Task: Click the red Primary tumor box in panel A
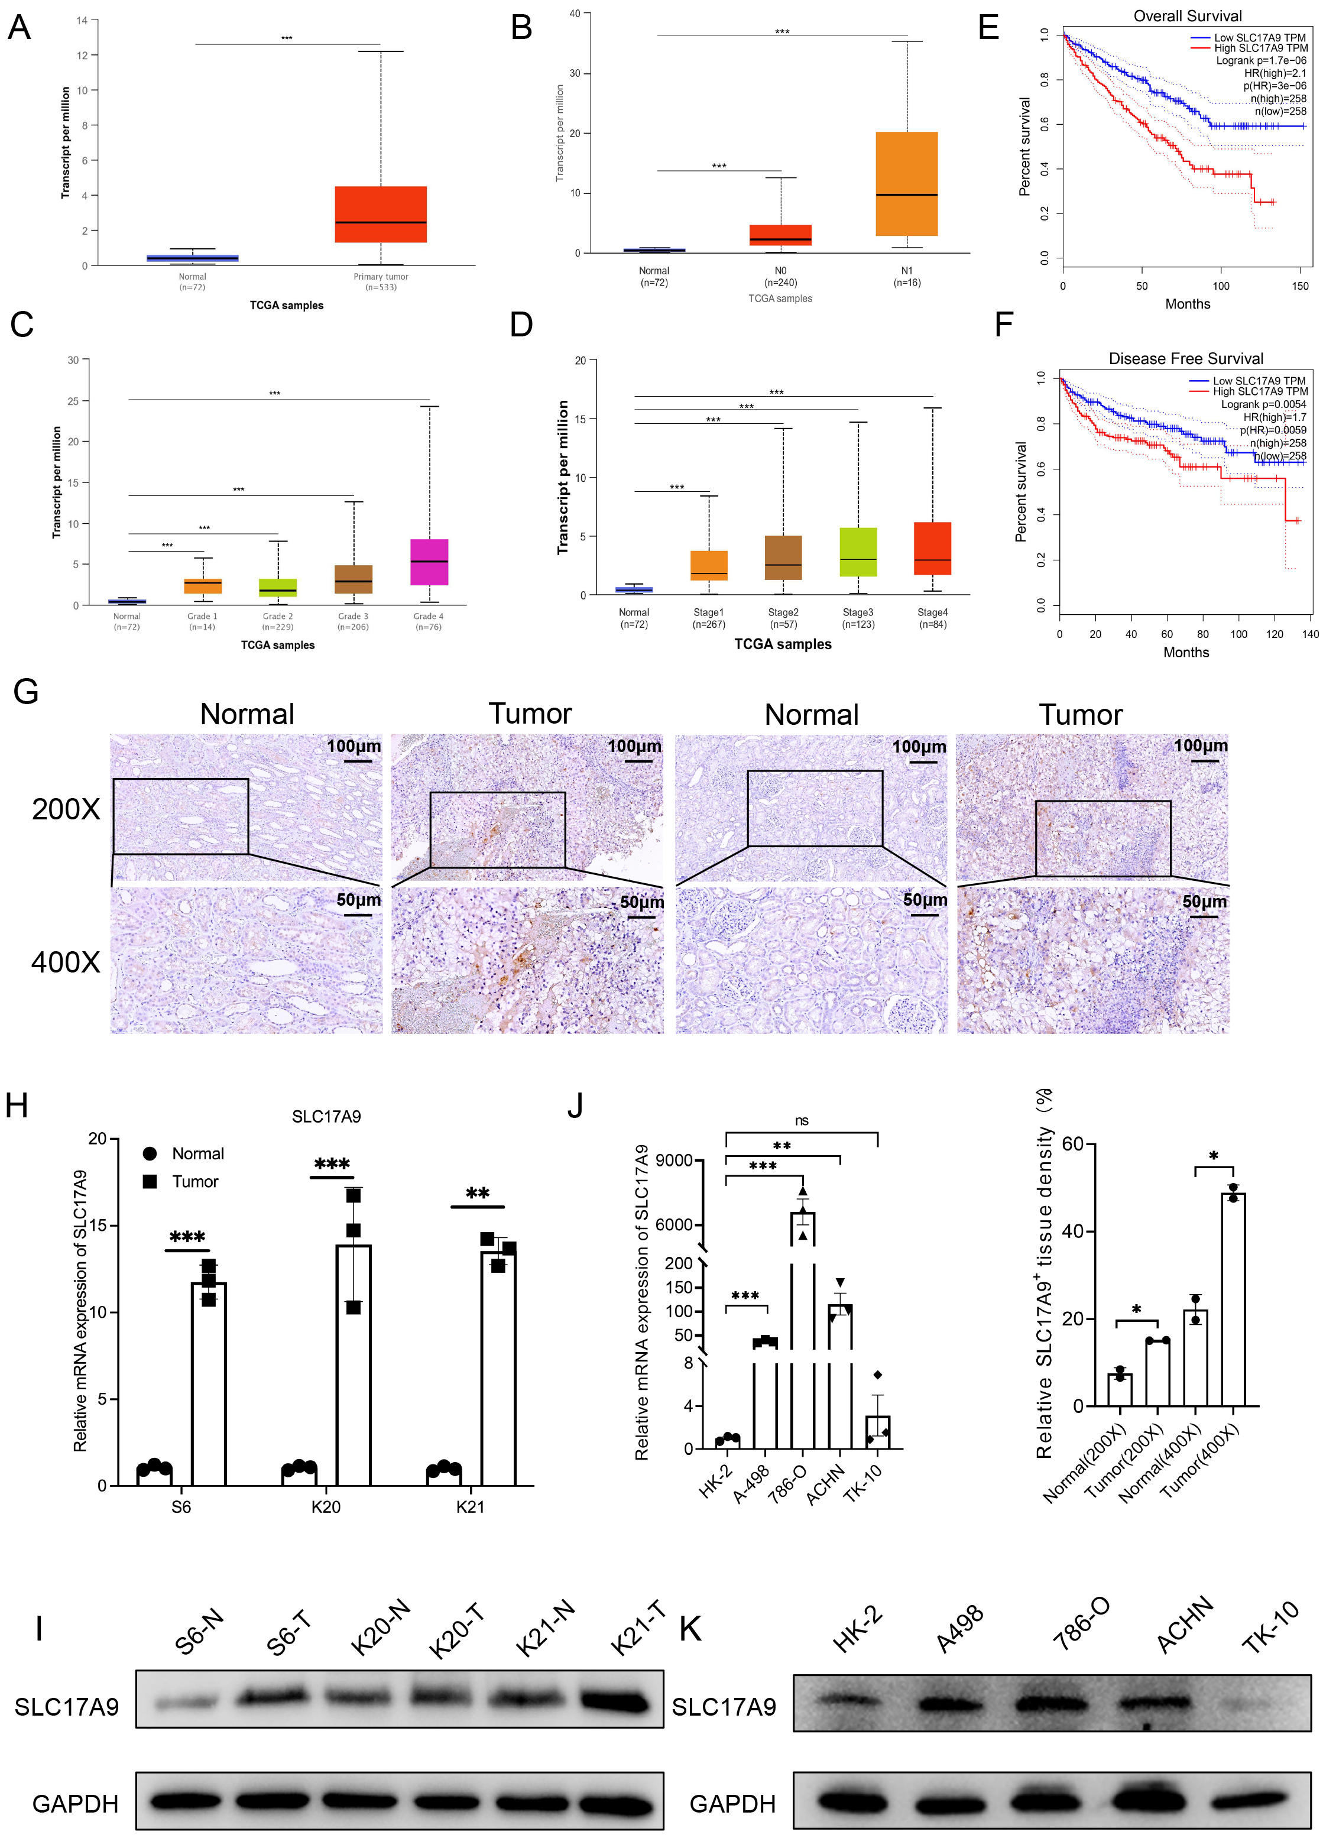click(380, 214)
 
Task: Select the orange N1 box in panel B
click(907, 183)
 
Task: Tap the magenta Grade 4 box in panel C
click(429, 562)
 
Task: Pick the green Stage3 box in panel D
click(858, 552)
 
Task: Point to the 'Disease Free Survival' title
click(1185, 358)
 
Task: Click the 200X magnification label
click(66, 809)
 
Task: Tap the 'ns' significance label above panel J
click(801, 1121)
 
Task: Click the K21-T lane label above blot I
click(637, 1628)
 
